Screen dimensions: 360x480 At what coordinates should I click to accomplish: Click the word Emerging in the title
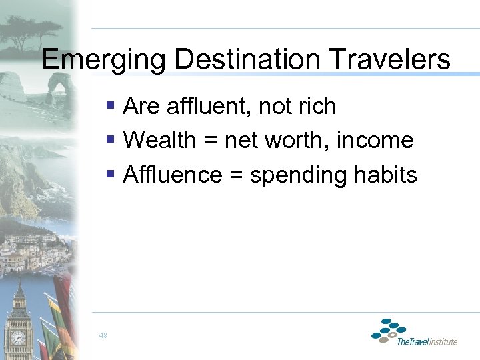[x=104, y=59]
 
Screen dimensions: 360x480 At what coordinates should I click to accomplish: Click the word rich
[x=316, y=106]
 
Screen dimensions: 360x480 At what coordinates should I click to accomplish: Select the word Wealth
[x=160, y=140]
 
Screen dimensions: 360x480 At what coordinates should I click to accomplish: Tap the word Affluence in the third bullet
[x=173, y=175]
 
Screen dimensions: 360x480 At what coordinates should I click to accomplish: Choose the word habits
[x=387, y=175]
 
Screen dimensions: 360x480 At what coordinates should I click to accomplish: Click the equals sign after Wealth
[x=210, y=141]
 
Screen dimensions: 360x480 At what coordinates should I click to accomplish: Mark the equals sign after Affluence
[x=235, y=176]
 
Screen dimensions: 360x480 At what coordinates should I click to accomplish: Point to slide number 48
[x=103, y=335]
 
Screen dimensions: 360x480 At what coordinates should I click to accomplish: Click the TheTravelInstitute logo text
[x=427, y=342]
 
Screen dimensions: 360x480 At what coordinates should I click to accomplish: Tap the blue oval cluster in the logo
[x=389, y=330]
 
